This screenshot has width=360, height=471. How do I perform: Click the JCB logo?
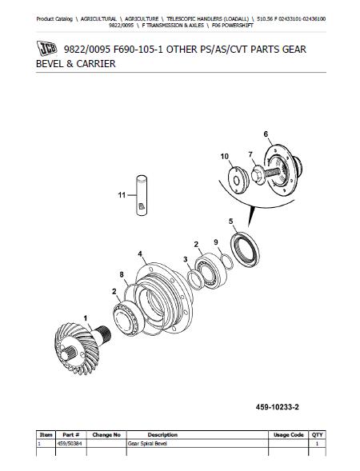tap(47, 48)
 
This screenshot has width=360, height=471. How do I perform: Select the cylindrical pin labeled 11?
tap(142, 195)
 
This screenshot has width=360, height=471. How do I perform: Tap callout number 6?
tap(266, 134)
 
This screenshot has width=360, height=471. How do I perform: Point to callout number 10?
tap(225, 156)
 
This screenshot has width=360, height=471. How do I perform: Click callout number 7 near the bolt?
tap(250, 154)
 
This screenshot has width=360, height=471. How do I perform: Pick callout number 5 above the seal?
tap(230, 222)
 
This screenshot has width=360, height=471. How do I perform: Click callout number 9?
tap(216, 242)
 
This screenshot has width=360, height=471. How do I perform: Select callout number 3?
tap(186, 259)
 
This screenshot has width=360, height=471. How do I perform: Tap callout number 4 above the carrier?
tap(140, 254)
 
